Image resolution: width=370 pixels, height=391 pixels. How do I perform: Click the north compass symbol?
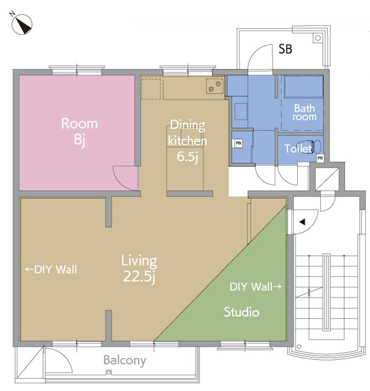(22, 24)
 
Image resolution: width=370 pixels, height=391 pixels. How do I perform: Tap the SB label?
(285, 49)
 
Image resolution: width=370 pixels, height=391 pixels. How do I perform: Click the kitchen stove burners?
(215, 86)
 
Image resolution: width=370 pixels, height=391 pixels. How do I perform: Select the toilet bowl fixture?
(316, 147)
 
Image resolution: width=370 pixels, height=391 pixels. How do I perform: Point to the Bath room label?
(305, 112)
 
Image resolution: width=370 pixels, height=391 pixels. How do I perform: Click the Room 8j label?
(80, 131)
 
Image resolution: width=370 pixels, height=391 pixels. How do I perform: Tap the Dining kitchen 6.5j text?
(187, 141)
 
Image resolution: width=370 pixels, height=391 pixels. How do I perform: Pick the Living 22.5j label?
(139, 269)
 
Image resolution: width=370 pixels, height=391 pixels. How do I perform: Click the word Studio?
(241, 312)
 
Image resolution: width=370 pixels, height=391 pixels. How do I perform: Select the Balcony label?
(124, 361)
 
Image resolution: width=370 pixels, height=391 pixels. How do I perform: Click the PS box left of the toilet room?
(239, 143)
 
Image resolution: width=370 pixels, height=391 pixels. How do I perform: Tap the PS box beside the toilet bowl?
(320, 158)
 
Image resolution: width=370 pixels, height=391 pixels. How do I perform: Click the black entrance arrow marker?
(302, 222)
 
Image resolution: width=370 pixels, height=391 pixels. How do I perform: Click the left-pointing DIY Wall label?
(51, 270)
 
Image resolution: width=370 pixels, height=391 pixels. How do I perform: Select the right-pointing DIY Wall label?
(256, 287)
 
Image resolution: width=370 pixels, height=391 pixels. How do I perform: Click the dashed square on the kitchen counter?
(151, 89)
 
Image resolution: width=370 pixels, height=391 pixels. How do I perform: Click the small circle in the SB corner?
(318, 38)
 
